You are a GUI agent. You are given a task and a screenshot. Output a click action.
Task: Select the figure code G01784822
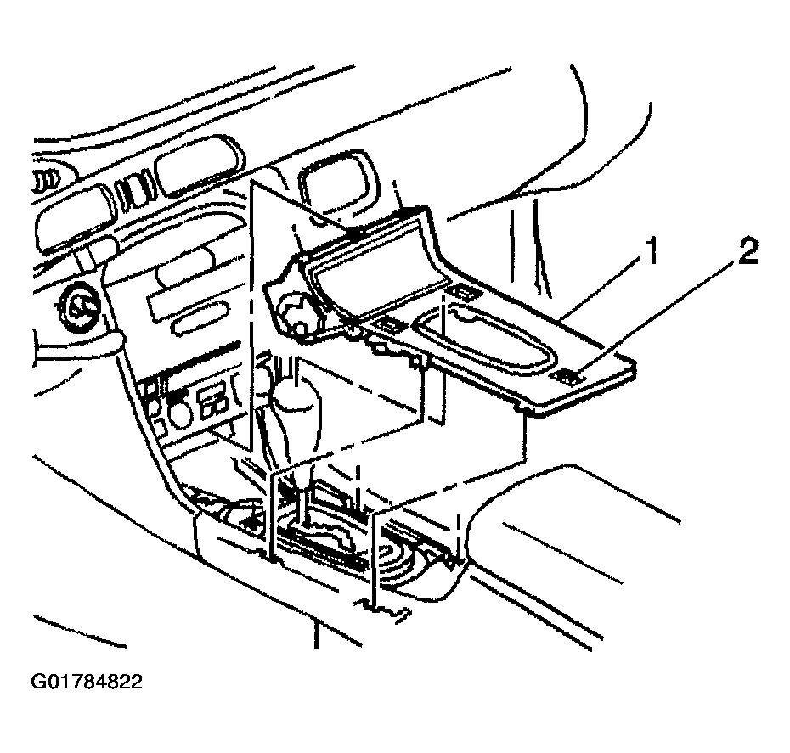[87, 682]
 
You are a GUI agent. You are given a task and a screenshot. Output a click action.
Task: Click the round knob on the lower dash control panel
[181, 413]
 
